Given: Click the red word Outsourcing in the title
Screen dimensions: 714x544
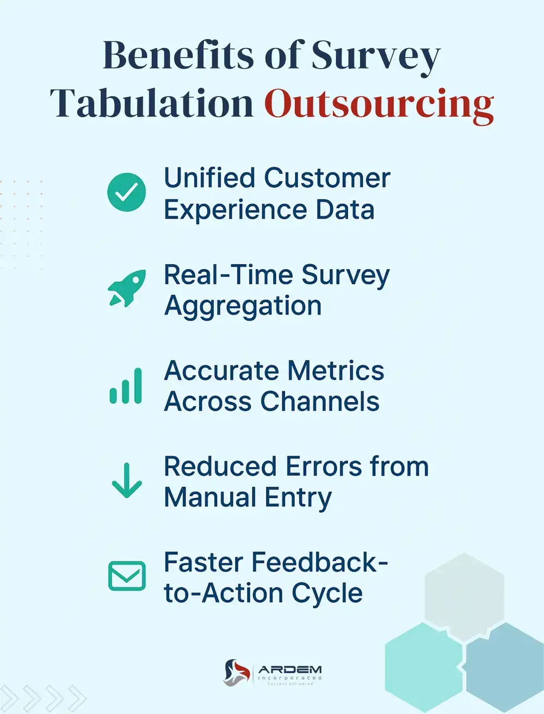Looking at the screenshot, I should (x=379, y=103).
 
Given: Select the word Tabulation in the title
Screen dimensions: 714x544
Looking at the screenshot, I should (x=152, y=103).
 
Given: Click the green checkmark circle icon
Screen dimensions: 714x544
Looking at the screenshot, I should (x=126, y=192).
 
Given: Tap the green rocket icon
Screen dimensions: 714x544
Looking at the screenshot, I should (x=127, y=288).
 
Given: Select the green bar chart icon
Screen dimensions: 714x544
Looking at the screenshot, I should (x=126, y=387).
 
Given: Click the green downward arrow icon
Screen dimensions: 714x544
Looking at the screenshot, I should (x=126, y=481).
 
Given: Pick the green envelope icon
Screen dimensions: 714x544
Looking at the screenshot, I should (x=127, y=576).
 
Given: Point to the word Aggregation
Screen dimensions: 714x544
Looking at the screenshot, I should (x=243, y=306).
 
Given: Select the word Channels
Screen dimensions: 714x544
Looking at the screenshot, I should (x=319, y=402).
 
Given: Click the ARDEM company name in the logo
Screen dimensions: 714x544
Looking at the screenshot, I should (x=289, y=670).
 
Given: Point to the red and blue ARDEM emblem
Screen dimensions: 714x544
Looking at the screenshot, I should (x=237, y=672).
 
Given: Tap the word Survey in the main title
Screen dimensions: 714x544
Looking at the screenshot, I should (x=375, y=56).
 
